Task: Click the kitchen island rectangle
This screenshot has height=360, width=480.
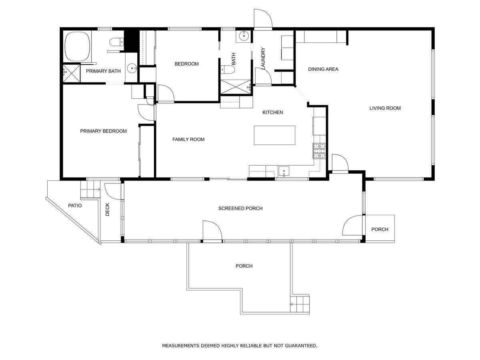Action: click(275, 136)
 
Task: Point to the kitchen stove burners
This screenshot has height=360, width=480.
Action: click(320, 151)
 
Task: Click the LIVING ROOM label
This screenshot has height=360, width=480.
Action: click(385, 108)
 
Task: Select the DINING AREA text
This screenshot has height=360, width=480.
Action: click(323, 69)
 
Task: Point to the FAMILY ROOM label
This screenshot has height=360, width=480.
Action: click(188, 140)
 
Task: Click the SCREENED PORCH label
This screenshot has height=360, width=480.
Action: click(240, 208)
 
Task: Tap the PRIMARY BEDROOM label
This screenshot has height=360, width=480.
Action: click(103, 131)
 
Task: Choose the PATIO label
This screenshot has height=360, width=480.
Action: click(75, 206)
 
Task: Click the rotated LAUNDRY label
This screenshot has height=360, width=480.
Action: click(263, 59)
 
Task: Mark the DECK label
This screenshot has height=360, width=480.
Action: click(108, 209)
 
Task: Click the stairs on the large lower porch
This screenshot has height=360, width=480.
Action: click(300, 304)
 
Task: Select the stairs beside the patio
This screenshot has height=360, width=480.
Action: click(90, 189)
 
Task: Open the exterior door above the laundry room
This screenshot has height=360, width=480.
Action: click(263, 19)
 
